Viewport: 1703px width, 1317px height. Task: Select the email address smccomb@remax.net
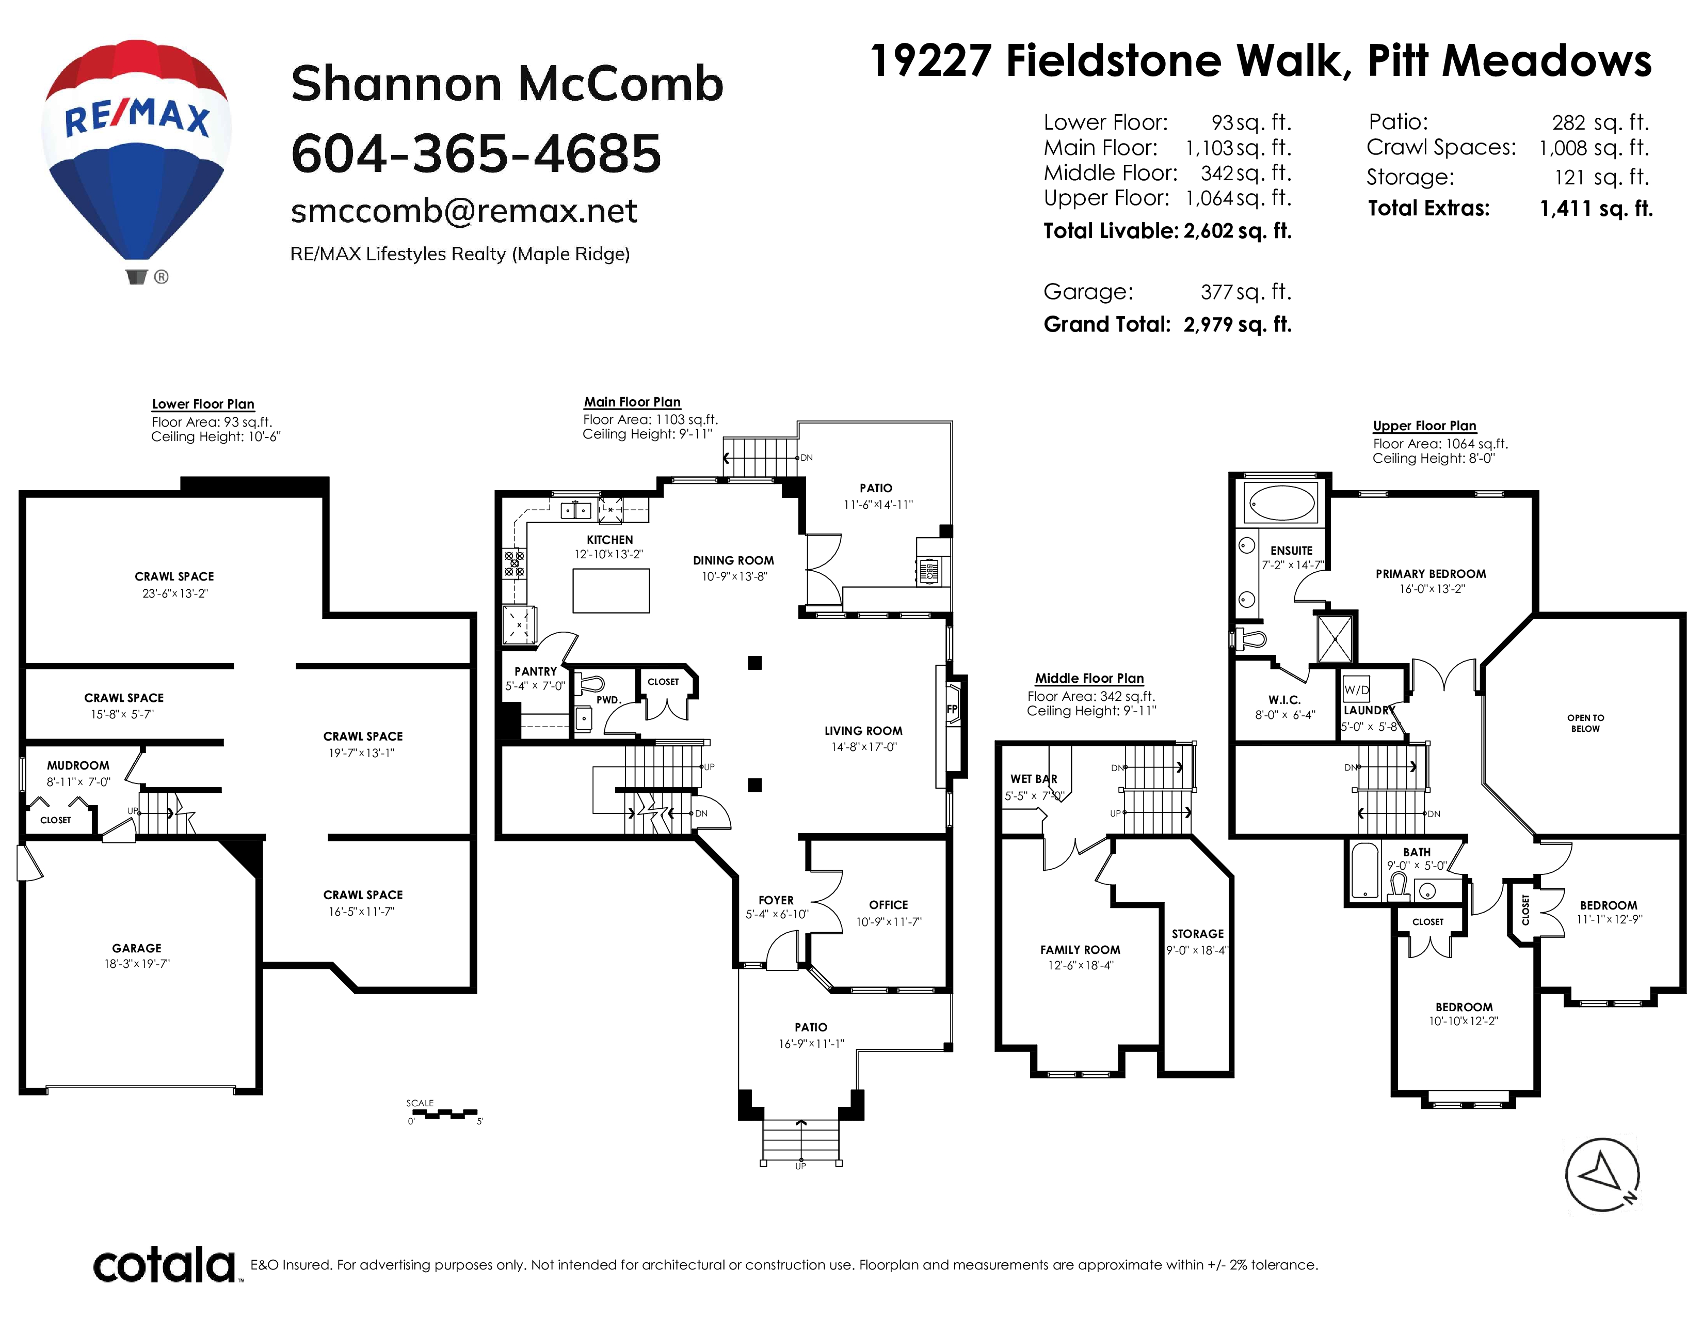pyautogui.click(x=464, y=211)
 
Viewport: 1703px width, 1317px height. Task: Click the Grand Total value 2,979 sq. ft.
pyautogui.click(x=1238, y=324)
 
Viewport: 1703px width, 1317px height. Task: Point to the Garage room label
pyautogui.click(x=137, y=948)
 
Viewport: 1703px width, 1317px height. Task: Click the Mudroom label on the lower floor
pyautogui.click(x=78, y=765)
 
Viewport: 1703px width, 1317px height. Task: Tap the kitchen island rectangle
pyautogui.click(x=612, y=591)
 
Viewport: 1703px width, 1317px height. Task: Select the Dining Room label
pyautogui.click(x=733, y=560)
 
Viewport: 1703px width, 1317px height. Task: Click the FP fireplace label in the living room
pyautogui.click(x=952, y=709)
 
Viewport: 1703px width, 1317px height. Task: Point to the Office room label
pyautogui.click(x=889, y=905)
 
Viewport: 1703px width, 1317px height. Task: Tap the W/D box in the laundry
pyautogui.click(x=1357, y=689)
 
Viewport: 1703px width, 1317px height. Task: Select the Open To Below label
pyautogui.click(x=1585, y=723)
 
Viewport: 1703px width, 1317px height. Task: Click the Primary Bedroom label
pyautogui.click(x=1431, y=573)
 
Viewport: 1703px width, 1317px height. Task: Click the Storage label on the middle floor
pyautogui.click(x=1198, y=934)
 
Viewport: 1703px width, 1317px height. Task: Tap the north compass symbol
pyautogui.click(x=1602, y=1175)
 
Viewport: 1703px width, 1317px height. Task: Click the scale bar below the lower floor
pyautogui.click(x=443, y=1114)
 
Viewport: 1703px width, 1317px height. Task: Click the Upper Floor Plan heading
pyautogui.click(x=1425, y=426)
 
